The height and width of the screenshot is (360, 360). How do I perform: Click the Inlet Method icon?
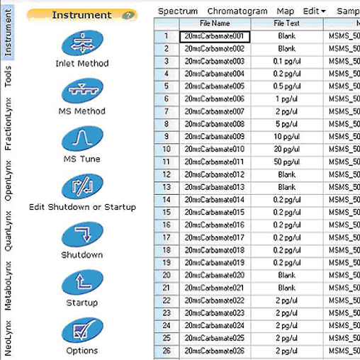[x=81, y=43]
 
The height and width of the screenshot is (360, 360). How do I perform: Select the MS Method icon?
[x=81, y=91]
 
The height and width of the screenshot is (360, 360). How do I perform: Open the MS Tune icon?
[x=81, y=138]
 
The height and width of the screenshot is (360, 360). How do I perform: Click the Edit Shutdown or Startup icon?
[x=81, y=186]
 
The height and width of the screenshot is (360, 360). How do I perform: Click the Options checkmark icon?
[x=81, y=330]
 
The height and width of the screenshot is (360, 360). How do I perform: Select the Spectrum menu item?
[x=177, y=11]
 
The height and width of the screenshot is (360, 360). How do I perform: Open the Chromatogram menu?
[x=237, y=11]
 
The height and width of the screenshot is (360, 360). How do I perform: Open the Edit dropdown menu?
[x=314, y=11]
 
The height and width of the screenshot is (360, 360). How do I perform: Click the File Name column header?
[x=215, y=23]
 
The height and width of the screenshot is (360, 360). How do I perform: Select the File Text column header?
[x=287, y=23]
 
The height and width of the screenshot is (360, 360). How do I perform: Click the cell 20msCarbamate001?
[x=215, y=36]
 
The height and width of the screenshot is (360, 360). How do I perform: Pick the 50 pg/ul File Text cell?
[x=287, y=162]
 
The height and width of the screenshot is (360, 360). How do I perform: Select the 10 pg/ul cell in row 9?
[x=287, y=137]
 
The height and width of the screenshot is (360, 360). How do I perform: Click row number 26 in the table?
[x=166, y=351]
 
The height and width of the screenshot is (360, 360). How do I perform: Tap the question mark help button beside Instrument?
[x=128, y=15]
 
